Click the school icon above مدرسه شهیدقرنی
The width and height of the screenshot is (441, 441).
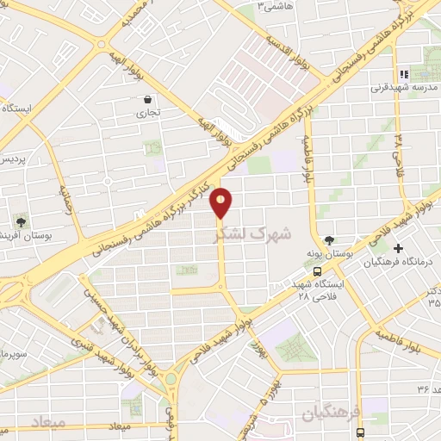tap(401, 73)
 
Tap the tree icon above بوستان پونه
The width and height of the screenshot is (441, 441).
tap(330, 240)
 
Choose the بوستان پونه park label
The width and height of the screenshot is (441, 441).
tap(328, 254)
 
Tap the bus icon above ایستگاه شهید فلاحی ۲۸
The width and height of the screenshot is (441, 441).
tap(318, 271)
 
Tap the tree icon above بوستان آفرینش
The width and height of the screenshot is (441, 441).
tap(19, 220)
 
